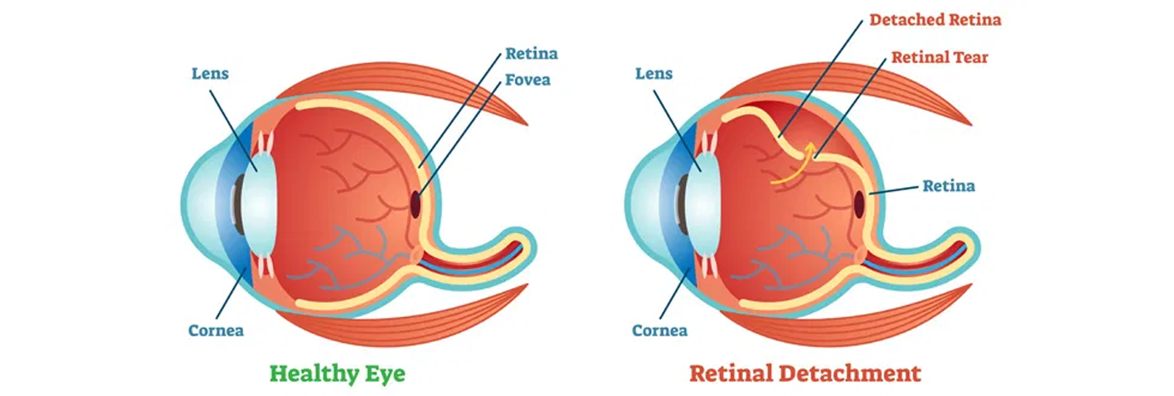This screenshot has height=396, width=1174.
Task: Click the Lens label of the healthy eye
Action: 210,74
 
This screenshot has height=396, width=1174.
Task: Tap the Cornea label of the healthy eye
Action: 216,330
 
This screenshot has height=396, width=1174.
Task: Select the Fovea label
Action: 527,81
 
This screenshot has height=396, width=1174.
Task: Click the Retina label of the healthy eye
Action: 531,55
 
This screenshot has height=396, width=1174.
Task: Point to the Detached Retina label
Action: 935,18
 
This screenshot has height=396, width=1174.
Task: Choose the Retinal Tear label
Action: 939,58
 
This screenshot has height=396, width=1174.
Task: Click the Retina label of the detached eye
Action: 948,185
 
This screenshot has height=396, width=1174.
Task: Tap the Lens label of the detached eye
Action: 653,74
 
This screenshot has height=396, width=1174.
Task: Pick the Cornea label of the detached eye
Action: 659,330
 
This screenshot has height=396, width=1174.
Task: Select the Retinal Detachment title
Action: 804,372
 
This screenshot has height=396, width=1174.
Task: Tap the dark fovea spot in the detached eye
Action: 859,201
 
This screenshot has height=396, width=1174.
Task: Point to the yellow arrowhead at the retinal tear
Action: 810,149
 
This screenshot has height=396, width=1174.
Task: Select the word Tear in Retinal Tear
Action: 968,58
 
